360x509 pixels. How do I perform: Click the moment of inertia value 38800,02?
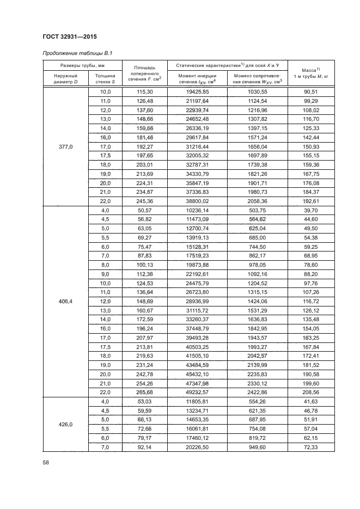[197, 201]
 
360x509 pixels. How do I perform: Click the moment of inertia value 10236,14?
[197, 210]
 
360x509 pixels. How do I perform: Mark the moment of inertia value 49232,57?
[197, 392]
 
